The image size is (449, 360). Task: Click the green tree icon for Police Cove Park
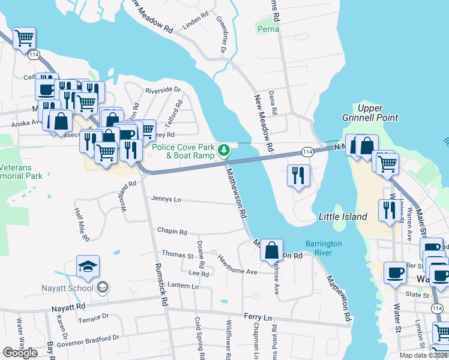coord(224,149)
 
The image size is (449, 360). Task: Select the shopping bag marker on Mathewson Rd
coord(271,249)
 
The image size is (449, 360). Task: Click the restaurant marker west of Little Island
coord(298,176)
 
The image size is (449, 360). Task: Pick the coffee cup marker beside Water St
coord(394,273)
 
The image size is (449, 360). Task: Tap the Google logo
coord(20,352)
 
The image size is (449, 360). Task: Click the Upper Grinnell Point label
coord(378,112)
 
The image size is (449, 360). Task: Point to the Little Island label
coord(343,217)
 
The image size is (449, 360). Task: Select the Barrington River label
coord(323,248)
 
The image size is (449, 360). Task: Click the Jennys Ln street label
coord(166,199)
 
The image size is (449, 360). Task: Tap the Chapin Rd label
coord(172,231)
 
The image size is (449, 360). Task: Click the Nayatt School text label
coord(68,288)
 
